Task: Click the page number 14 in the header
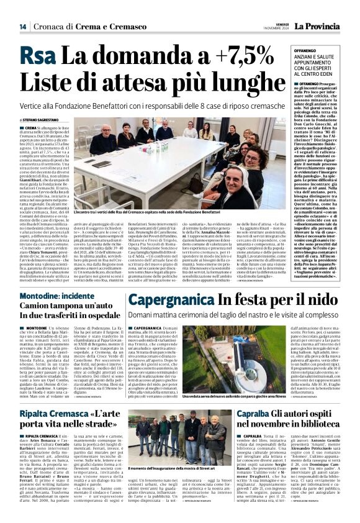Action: [x=22, y=27]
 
